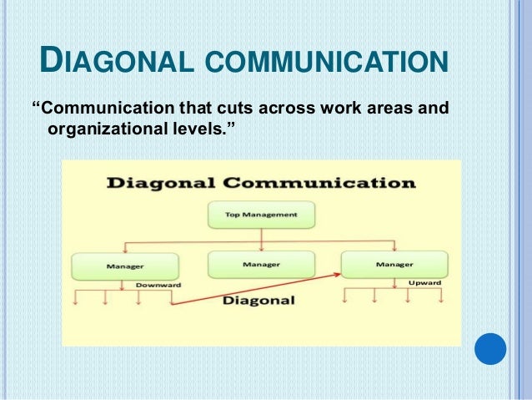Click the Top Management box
(x=261, y=215)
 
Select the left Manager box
(x=124, y=266)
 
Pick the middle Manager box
(x=261, y=265)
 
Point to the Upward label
(x=424, y=283)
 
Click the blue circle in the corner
(x=490, y=348)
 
